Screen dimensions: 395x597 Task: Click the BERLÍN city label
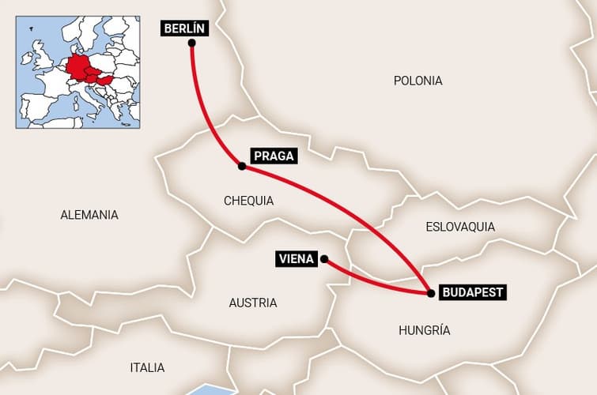tap(185, 28)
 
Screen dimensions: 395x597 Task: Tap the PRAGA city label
tap(273, 156)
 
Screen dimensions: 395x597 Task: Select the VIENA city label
tap(297, 258)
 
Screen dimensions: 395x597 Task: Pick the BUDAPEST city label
tap(472, 292)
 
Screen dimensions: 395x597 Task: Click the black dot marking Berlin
tap(191, 43)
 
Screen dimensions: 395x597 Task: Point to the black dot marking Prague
tap(241, 166)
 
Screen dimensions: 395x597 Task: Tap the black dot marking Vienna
tap(324, 258)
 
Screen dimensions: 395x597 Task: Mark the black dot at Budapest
tap(430, 293)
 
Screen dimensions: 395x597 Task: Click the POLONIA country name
tap(418, 81)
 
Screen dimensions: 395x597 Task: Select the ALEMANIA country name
tap(89, 214)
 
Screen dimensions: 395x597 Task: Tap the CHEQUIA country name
tap(248, 201)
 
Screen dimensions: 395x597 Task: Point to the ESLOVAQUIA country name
tap(460, 227)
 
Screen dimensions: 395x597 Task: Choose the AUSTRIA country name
tap(252, 303)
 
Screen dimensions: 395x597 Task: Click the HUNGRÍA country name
tap(425, 330)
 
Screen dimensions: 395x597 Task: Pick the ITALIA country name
tap(147, 367)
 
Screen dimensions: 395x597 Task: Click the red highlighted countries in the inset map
tap(82, 70)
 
